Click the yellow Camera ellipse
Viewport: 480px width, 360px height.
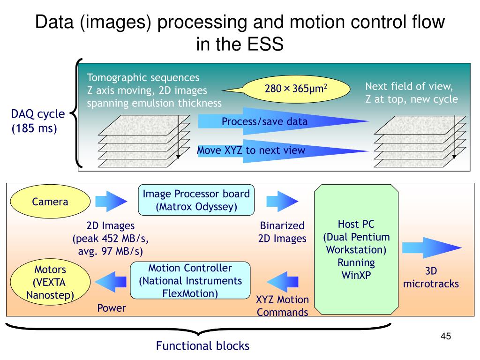point(50,202)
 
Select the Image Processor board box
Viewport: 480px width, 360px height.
point(196,200)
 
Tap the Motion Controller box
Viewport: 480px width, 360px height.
point(190,281)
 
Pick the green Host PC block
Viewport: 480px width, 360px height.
point(356,249)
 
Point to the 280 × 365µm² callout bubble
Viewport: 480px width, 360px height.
point(296,88)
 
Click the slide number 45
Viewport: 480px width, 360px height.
point(445,337)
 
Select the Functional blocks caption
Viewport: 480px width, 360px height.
point(202,346)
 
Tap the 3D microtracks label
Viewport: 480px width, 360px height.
point(431,277)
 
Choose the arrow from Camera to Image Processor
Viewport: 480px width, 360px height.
point(111,202)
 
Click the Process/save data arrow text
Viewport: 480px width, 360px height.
point(264,122)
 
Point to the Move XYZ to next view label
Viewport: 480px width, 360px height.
point(251,150)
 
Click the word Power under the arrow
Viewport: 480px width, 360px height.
point(112,308)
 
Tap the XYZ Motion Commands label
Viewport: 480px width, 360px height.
point(282,306)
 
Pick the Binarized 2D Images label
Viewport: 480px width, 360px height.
point(282,232)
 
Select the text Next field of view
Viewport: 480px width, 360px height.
point(409,86)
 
